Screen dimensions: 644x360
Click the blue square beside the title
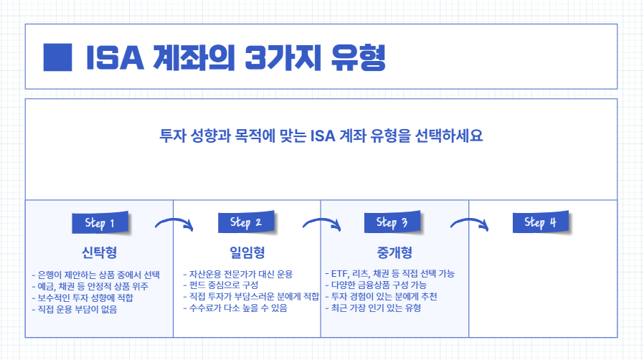click(x=58, y=57)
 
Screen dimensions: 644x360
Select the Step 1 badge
click(x=100, y=223)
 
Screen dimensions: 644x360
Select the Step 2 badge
click(x=246, y=222)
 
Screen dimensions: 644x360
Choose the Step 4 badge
click(x=540, y=222)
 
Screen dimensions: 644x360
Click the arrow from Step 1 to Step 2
click(x=175, y=224)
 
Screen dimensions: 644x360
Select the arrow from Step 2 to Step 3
click(x=321, y=224)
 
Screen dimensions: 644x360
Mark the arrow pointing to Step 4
click(x=469, y=224)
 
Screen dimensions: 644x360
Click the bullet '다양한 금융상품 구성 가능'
click(x=376, y=285)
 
